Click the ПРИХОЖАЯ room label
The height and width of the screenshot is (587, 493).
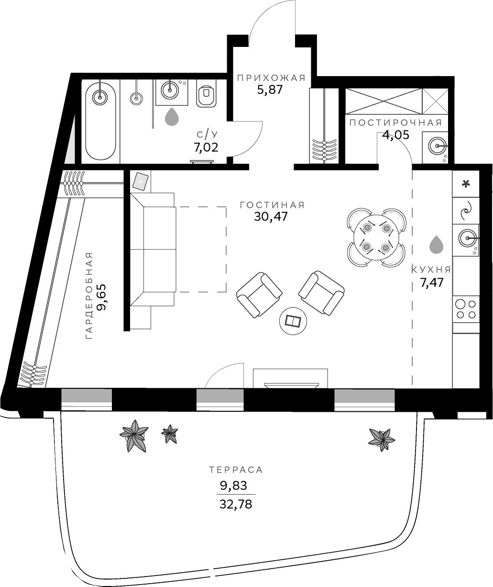[271, 78]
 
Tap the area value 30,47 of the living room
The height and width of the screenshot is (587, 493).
[271, 216]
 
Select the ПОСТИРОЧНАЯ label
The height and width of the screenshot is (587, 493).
[395, 123]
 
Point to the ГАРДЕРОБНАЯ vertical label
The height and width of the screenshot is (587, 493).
[88, 296]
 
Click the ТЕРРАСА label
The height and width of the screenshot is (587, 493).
[236, 470]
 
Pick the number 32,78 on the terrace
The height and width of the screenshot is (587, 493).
[235, 504]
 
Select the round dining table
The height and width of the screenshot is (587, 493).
[377, 237]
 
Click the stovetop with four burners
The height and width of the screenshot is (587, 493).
[466, 309]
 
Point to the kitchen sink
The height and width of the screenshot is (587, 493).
[466, 237]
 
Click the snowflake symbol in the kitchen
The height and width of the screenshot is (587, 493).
[466, 184]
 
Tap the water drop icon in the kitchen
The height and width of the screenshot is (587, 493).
[436, 244]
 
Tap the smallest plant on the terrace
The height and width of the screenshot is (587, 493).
[169, 434]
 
